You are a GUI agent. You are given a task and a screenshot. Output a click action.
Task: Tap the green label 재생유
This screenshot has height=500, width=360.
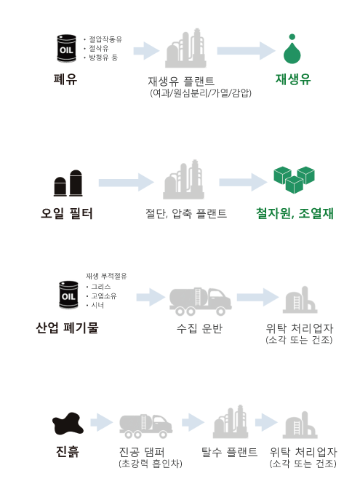pyautogui.click(x=293, y=79)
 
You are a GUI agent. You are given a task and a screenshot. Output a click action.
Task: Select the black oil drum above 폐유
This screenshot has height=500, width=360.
pyautogui.click(x=67, y=48)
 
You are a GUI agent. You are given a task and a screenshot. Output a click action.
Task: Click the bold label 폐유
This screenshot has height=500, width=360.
pyautogui.click(x=65, y=79)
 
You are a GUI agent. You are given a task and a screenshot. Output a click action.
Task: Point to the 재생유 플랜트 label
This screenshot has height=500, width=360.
pyautogui.click(x=181, y=82)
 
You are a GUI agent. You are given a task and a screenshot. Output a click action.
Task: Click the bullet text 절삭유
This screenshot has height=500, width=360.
pyautogui.click(x=99, y=49)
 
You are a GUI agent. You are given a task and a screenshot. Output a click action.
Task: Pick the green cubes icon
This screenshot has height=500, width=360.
pyautogui.click(x=294, y=180)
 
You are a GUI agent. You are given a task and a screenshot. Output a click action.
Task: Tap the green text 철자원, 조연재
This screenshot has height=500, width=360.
pyautogui.click(x=295, y=213)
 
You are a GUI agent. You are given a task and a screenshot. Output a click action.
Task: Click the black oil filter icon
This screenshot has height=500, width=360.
pyautogui.click(x=68, y=183)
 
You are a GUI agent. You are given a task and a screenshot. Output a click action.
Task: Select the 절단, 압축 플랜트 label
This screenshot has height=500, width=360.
pyautogui.click(x=186, y=213)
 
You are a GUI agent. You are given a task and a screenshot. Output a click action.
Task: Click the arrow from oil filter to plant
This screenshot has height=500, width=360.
pyautogui.click(x=126, y=183)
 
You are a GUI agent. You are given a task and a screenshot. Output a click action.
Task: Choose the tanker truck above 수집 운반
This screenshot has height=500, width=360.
pyautogui.click(x=200, y=301)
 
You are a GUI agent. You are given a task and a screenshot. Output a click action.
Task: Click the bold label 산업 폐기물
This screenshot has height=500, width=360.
pyautogui.click(x=67, y=328)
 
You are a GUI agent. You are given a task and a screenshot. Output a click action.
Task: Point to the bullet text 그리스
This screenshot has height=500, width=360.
pyautogui.click(x=101, y=287)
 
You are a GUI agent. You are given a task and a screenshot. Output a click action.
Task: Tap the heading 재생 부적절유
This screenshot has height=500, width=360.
pyautogui.click(x=106, y=276)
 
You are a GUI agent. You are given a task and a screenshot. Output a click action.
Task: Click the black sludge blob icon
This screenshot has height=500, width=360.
pyautogui.click(x=68, y=424)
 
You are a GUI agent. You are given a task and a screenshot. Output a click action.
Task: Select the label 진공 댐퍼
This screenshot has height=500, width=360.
pyautogui.click(x=142, y=452)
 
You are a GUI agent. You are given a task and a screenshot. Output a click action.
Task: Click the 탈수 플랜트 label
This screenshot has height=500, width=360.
pyautogui.click(x=229, y=452)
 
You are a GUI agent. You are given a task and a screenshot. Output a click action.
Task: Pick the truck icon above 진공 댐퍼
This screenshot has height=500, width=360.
pyautogui.click(x=146, y=426)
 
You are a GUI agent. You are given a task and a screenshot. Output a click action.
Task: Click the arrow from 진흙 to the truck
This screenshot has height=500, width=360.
pyautogui.click(x=102, y=423)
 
